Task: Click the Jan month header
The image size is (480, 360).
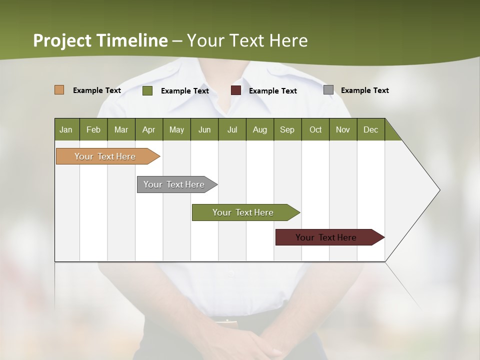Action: (x=66, y=129)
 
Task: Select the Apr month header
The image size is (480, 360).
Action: (x=148, y=129)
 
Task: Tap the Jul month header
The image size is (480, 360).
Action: (x=232, y=129)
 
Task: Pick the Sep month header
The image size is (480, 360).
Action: (x=287, y=129)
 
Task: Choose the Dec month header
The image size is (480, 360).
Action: (x=370, y=129)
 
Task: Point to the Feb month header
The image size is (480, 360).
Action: (x=93, y=129)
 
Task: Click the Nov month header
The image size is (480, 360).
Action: (x=342, y=129)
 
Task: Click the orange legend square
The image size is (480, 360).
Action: (x=59, y=90)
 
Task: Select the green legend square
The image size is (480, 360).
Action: (x=147, y=90)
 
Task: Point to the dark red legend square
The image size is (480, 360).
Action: (x=236, y=90)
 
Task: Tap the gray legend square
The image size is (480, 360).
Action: (x=328, y=90)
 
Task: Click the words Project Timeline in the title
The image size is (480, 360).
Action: (x=100, y=40)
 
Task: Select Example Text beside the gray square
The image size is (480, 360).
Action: (x=364, y=90)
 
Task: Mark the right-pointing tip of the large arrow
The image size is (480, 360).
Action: (x=438, y=190)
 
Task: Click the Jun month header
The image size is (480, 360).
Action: (x=204, y=129)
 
